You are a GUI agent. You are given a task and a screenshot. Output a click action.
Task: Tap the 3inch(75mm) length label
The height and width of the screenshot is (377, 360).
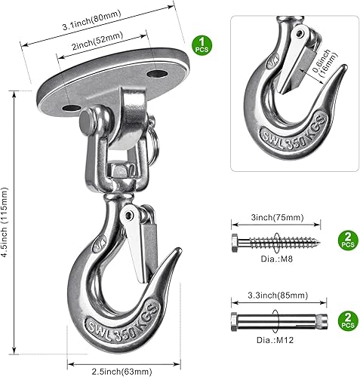coord(275,217)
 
